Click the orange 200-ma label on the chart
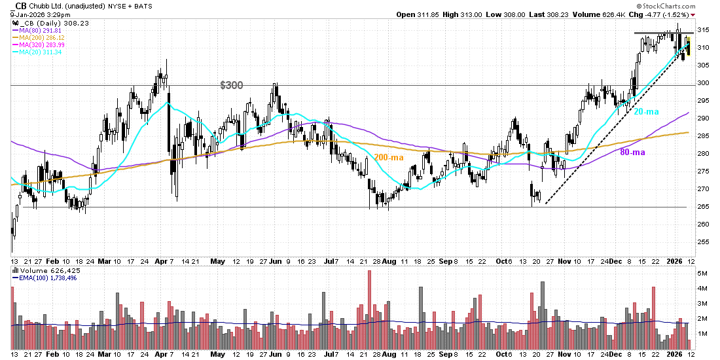[x=389, y=158]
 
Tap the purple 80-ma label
[x=634, y=152]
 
